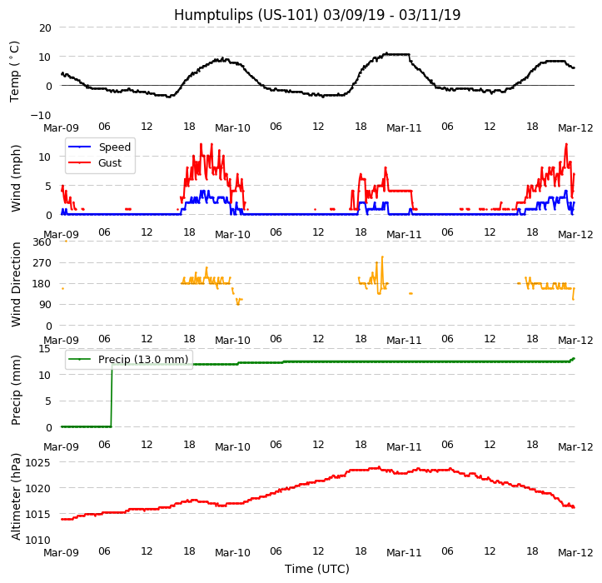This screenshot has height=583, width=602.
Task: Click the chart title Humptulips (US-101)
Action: tap(317, 15)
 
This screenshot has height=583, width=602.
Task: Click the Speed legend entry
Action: tap(114, 147)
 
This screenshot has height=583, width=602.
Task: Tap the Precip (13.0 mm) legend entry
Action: tap(143, 360)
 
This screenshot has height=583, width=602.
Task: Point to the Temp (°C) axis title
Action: tap(15, 71)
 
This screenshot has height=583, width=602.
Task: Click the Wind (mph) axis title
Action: tap(16, 177)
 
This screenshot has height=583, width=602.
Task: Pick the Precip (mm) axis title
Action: tap(16, 390)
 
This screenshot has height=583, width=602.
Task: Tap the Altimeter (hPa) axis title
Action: tap(16, 496)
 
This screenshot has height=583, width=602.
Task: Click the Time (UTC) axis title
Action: tap(317, 569)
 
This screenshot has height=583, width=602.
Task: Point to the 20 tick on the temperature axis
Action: tap(44, 27)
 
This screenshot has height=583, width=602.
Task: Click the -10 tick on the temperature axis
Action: tap(41, 115)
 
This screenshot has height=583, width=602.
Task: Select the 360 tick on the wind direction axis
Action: tap(41, 242)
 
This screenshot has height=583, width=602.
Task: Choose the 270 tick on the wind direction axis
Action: tap(41, 262)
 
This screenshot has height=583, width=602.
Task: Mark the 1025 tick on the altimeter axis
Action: tap(37, 462)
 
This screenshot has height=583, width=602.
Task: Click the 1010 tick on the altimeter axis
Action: tap(37, 540)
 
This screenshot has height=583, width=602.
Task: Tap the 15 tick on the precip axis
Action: tap(44, 348)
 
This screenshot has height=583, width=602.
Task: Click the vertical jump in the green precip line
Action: tap(112, 396)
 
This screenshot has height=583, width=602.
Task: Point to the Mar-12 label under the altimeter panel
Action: tap(575, 552)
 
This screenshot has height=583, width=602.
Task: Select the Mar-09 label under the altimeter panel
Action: tap(62, 552)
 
